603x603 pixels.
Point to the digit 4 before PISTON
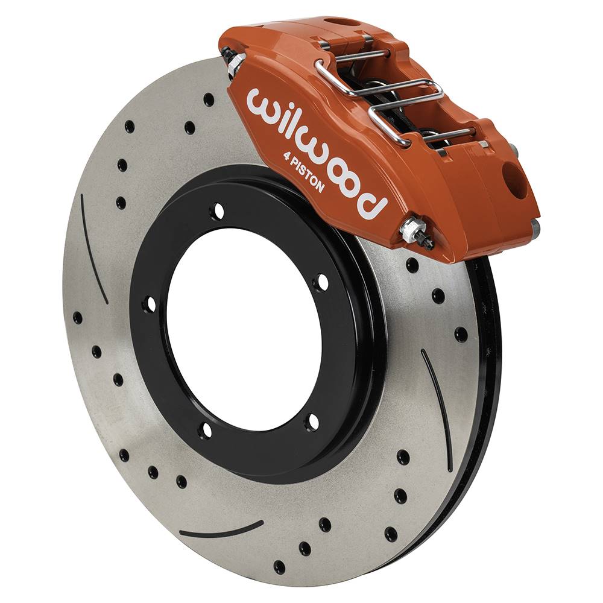click(287, 156)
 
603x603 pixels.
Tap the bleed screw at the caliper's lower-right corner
click(416, 232)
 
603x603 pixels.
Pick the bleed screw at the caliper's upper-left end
click(233, 61)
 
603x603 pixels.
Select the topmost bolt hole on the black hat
click(217, 210)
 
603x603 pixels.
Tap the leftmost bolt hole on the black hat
click(150, 305)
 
